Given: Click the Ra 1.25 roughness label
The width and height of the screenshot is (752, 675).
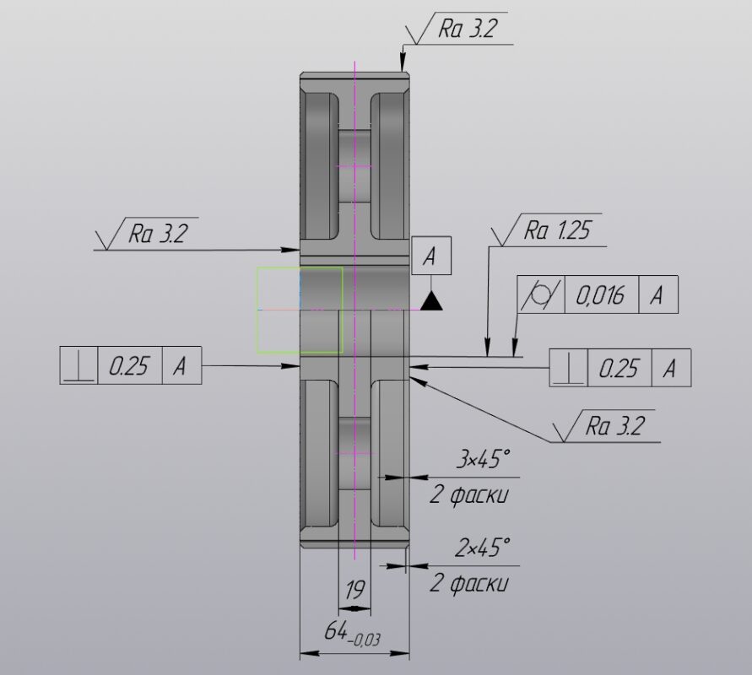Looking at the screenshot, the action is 557,230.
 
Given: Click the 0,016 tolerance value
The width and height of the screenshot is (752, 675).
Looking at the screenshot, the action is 600,294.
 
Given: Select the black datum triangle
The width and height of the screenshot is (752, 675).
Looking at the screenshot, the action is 431,301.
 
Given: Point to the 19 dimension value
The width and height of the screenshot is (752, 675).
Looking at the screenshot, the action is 354,590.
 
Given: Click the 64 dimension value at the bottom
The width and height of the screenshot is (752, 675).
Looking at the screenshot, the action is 336,630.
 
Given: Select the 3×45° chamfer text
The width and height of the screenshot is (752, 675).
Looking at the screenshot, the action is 482,460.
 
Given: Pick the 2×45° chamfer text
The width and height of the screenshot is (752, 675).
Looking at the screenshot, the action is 482,548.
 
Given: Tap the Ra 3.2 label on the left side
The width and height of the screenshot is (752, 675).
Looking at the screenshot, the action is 156,234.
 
